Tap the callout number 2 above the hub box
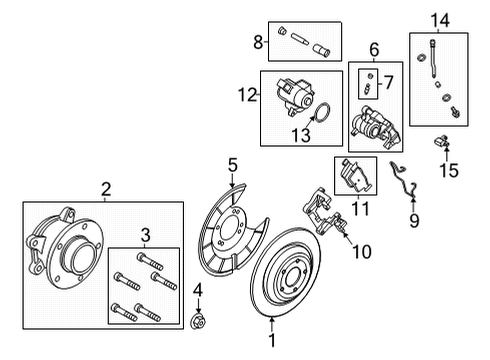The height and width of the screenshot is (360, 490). click(x=106, y=188)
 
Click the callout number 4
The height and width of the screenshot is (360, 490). click(x=196, y=293)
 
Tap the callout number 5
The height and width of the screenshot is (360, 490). click(x=231, y=163)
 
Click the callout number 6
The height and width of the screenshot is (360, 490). click(x=374, y=49)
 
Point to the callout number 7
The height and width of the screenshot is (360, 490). click(x=389, y=82)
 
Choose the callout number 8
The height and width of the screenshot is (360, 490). click(x=259, y=42)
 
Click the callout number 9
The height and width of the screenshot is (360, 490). click(x=413, y=220)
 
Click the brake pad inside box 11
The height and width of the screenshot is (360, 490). click(x=357, y=178)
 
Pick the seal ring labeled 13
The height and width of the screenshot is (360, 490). click(x=324, y=114)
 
